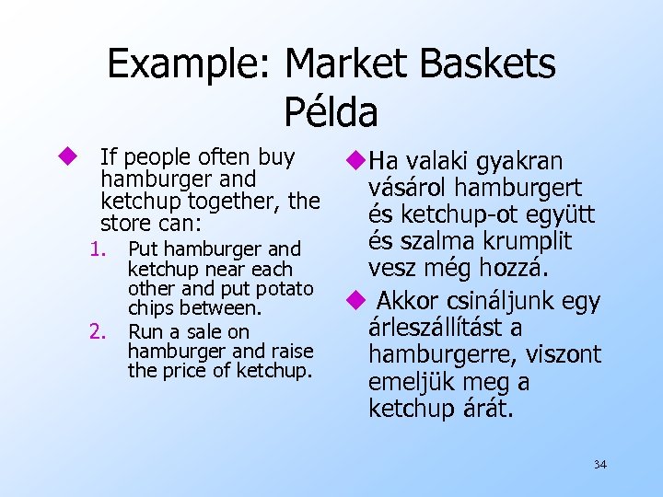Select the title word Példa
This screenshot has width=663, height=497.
[331, 112]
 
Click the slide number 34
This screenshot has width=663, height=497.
[599, 465]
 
